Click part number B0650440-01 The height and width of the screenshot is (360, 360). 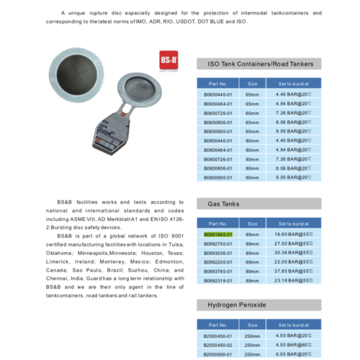click(218, 94)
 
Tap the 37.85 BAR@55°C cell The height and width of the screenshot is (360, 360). click(291, 271)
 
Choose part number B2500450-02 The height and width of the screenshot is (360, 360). click(218, 344)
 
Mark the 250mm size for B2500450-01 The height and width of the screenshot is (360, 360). click(252, 335)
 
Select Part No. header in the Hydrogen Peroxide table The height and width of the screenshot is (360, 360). click(218, 324)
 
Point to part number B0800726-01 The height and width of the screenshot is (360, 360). click(218, 158)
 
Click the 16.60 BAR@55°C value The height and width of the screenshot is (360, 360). click(291, 235)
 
